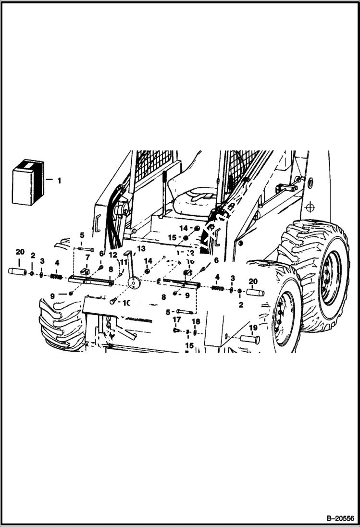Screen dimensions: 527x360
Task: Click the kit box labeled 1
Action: click(x=27, y=183)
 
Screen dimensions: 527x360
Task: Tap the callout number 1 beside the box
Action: click(x=59, y=181)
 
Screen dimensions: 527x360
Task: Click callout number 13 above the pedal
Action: click(x=141, y=248)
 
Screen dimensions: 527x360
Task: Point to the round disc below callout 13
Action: click(x=133, y=283)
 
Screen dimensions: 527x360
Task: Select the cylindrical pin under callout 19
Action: click(x=250, y=340)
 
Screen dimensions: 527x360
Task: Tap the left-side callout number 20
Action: click(x=20, y=252)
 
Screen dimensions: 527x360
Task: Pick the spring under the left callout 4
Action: click(x=57, y=276)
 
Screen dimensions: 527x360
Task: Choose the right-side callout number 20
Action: click(x=253, y=281)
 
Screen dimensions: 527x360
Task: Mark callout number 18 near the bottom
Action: click(x=196, y=321)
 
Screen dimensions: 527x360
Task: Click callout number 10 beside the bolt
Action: click(x=126, y=303)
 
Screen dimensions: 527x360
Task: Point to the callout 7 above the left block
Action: click(x=87, y=257)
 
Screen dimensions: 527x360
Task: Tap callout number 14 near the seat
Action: click(x=184, y=228)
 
